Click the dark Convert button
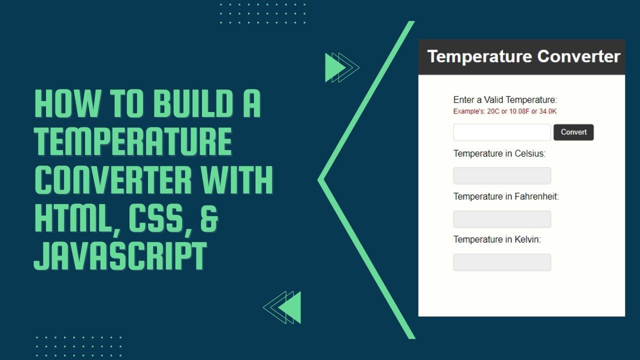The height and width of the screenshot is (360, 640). coord(573,132)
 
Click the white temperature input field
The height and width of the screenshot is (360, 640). coord(502,132)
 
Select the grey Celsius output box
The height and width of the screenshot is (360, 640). coord(502,176)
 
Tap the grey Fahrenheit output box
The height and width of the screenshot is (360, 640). coord(502,219)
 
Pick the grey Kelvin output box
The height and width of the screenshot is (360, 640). coord(502,262)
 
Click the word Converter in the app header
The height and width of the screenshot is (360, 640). coord(578,56)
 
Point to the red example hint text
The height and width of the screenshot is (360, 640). coord(505,111)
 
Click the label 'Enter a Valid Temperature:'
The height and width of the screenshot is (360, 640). coord(505,100)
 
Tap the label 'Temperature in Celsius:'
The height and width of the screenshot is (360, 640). coord(499,153)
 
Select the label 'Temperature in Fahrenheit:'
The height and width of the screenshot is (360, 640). coord(506,196)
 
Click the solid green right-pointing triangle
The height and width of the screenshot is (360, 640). coord(333,67)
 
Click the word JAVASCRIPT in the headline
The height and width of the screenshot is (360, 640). coord(120,256)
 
